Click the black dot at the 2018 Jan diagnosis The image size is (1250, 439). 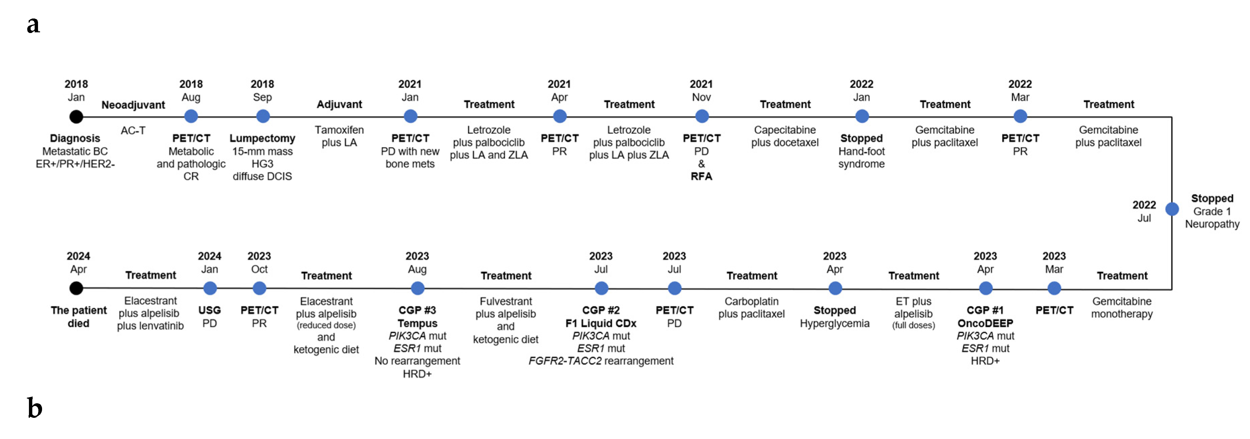click(76, 116)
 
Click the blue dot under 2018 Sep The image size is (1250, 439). click(262, 116)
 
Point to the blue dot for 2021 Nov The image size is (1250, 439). click(702, 116)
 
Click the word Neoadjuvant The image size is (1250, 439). click(133, 105)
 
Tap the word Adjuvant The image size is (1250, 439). click(339, 104)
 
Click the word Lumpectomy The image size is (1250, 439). click(262, 138)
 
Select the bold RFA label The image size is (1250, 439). click(701, 176)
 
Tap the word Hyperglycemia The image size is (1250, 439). click(835, 324)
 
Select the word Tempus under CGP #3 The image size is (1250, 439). click(417, 324)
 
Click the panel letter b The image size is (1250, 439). click(34, 408)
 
